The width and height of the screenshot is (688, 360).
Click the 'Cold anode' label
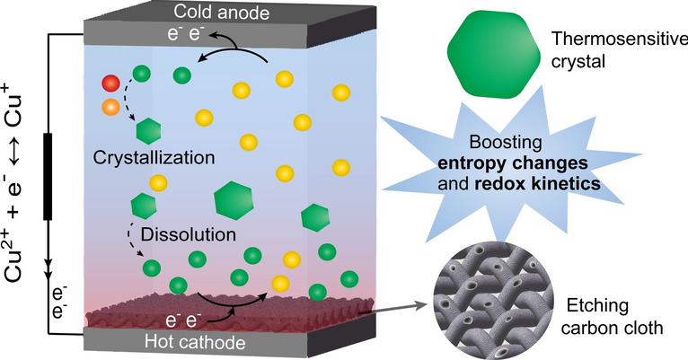click(221, 12)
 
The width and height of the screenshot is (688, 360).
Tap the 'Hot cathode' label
click(195, 342)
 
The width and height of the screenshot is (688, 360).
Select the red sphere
click(110, 83)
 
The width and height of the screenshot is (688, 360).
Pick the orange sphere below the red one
click(110, 107)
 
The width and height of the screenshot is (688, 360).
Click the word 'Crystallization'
click(154, 158)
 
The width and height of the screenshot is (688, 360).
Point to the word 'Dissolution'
click(189, 234)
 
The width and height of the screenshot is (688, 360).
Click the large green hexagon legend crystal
click(494, 55)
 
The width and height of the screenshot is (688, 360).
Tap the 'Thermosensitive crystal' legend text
click(619, 50)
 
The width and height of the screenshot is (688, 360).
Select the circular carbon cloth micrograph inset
click(491, 303)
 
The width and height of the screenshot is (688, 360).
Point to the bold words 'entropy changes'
click(513, 163)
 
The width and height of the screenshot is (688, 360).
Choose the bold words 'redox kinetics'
click(537, 183)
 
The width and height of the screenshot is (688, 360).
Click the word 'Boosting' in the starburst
click(506, 143)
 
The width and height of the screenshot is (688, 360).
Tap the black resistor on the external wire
click(48, 176)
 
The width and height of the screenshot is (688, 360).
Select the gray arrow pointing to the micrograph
click(393, 308)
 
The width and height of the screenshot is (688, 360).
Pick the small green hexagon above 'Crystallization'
click(148, 131)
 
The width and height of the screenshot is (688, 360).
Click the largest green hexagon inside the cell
click(234, 200)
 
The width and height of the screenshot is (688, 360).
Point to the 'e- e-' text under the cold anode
click(186, 34)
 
